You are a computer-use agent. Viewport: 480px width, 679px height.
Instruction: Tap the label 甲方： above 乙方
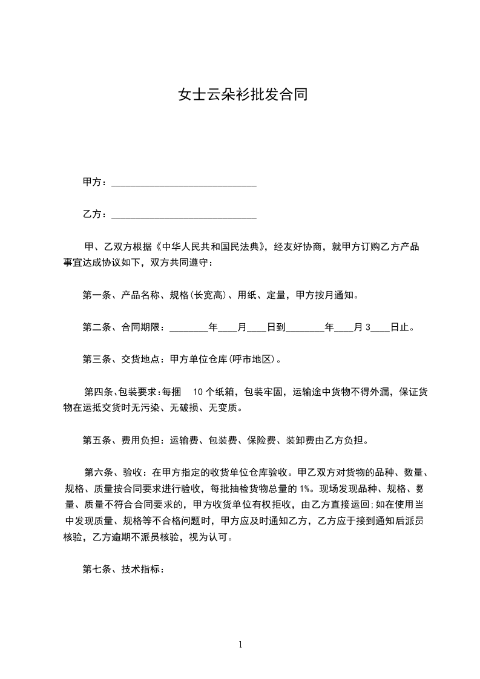click(95, 182)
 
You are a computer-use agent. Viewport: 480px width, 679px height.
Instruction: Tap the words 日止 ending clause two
click(399, 328)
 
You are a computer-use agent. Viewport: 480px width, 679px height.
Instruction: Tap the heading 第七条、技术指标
click(123, 569)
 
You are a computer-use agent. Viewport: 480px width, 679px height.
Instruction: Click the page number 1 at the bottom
click(240, 645)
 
